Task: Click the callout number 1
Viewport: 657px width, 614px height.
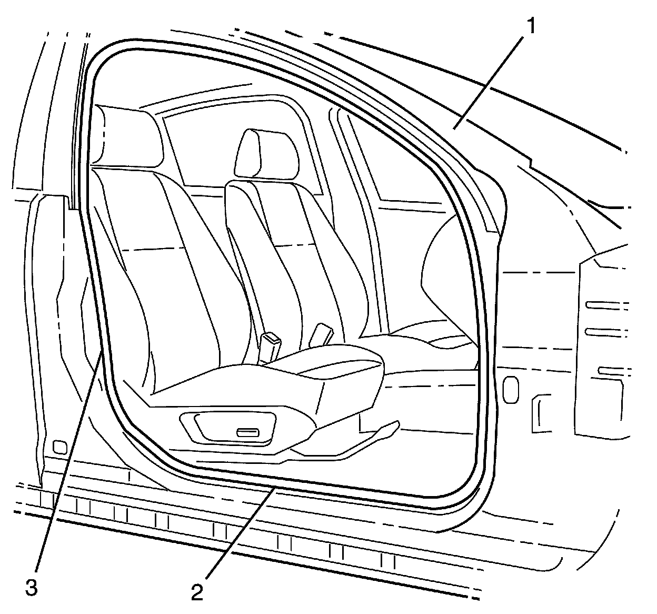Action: tap(532, 26)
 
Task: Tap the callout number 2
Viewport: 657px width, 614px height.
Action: tap(196, 592)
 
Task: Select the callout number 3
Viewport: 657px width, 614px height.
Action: tap(32, 588)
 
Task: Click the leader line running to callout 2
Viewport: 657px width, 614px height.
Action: tap(237, 537)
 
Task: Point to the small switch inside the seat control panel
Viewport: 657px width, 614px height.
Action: tap(247, 433)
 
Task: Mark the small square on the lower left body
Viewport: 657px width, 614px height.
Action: tap(60, 447)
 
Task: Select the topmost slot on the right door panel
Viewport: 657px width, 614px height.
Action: tap(605, 304)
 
